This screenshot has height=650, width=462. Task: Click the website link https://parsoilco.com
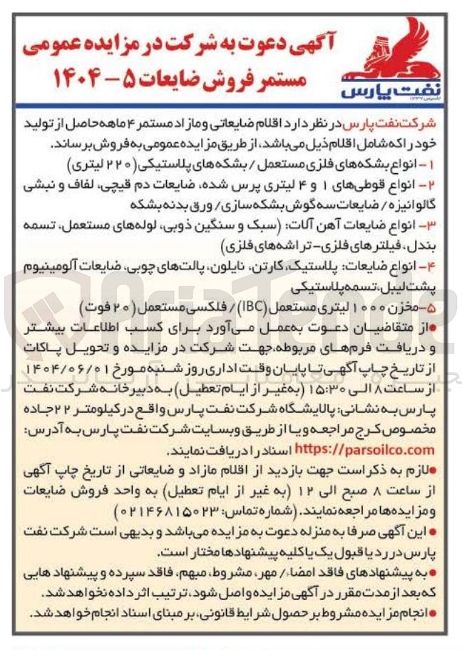[x=364, y=450]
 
